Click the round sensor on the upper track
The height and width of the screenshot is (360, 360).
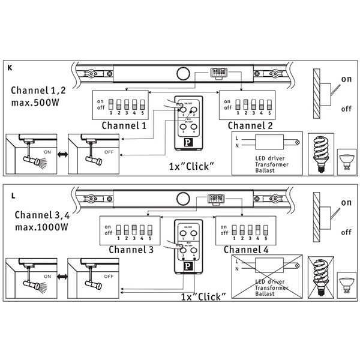pos(183,74)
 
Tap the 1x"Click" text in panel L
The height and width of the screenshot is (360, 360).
pos(203,296)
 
